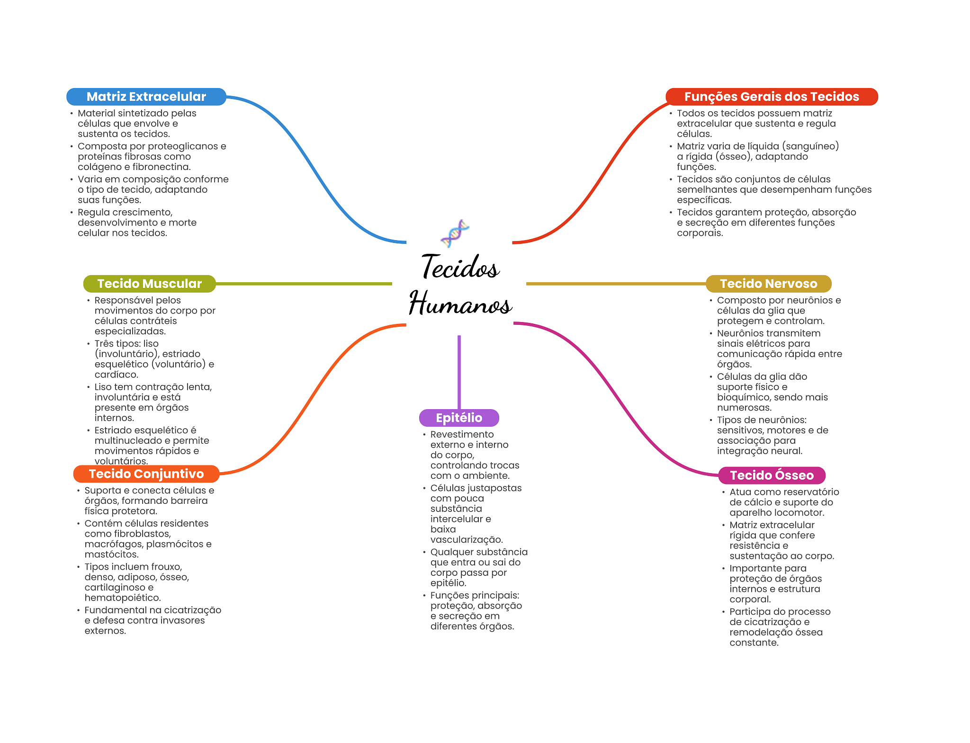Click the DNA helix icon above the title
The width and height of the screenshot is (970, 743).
[455, 233]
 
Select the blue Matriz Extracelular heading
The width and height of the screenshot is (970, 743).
[146, 97]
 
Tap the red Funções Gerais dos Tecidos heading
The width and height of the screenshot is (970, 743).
[772, 97]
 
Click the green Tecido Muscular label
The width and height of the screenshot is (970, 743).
[150, 284]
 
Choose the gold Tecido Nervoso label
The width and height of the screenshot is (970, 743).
[769, 284]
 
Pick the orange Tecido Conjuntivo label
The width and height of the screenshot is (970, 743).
[146, 474]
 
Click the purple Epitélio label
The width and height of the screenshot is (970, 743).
[459, 418]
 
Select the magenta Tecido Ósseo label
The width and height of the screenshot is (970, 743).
[772, 475]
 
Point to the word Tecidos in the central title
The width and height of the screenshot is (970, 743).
[460, 267]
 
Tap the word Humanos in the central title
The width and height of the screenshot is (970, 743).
[460, 303]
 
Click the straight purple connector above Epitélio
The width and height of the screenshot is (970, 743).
[459, 372]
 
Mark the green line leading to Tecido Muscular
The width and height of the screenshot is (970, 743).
[304, 284]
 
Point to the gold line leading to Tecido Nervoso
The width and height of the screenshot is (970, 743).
[616, 284]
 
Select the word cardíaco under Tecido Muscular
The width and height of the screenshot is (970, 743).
[117, 375]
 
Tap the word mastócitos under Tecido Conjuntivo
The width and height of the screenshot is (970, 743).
[112, 555]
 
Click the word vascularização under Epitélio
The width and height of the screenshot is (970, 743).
[467, 540]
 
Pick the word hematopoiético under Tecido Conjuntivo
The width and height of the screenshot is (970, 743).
[123, 598]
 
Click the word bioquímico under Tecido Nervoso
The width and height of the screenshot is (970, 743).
[744, 397]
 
